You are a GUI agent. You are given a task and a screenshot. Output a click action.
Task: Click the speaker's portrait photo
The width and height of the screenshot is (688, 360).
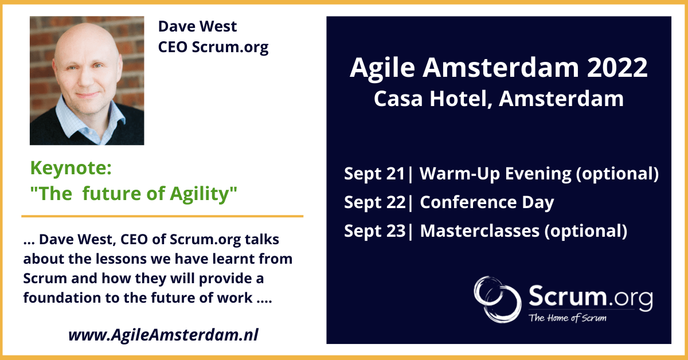pos(87,80)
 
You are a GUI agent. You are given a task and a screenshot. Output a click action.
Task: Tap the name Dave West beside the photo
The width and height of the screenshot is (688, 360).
pos(197,26)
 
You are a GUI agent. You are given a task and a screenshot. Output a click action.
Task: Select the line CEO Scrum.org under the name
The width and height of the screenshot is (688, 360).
pos(213,48)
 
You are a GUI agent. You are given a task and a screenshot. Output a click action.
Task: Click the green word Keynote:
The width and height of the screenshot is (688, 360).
pos(71,169)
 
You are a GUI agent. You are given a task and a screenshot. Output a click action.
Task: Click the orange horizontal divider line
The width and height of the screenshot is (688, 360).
pos(162,216)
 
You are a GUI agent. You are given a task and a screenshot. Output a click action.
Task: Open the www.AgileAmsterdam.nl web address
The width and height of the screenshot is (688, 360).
pos(163,335)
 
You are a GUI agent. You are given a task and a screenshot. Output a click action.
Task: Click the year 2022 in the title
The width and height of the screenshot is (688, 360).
pos(617,68)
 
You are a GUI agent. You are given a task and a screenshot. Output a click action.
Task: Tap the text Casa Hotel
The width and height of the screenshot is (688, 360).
pos(431,99)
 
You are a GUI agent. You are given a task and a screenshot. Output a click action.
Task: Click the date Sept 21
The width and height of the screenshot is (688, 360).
pos(374,174)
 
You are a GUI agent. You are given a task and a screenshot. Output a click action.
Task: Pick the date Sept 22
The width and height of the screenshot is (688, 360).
pos(375,202)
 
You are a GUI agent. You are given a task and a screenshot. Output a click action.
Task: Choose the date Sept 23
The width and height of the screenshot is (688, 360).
pos(375,231)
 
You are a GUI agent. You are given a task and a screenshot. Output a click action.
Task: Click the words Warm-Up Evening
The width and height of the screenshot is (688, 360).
pos(495,174)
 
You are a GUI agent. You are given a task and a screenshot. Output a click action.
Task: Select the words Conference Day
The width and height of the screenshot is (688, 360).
pos(487,203)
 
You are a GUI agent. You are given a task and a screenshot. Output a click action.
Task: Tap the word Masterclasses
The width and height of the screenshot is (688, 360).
pos(480,231)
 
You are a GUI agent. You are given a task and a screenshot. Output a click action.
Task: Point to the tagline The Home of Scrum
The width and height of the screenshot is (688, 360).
pos(567,318)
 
